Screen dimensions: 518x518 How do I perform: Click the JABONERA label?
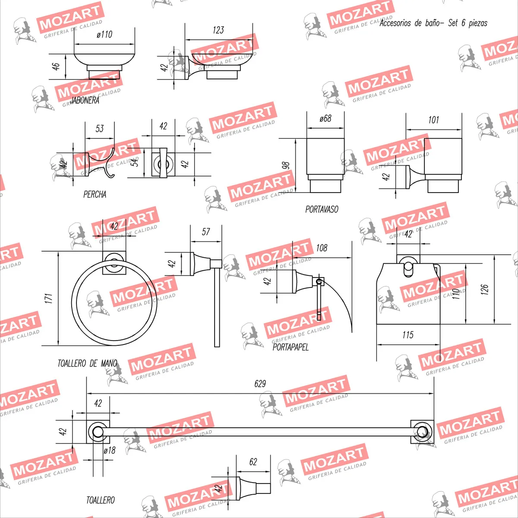pyautogui.click(x=85, y=100)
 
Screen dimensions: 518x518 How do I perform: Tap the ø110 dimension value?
pyautogui.click(x=104, y=35)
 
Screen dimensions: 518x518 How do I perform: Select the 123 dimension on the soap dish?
pyautogui.click(x=218, y=30)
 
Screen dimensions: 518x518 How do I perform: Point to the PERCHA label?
pyautogui.click(x=95, y=194)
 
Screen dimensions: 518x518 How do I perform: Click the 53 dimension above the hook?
pyautogui.click(x=100, y=129)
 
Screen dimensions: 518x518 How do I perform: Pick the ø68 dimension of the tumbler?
pyautogui.click(x=325, y=118)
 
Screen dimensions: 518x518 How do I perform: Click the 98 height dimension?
pyautogui.click(x=285, y=166)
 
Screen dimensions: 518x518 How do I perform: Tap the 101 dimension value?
pyautogui.click(x=433, y=120)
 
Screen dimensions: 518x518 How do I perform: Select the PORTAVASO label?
pyautogui.click(x=322, y=209)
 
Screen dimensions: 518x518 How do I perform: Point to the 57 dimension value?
pyautogui.click(x=206, y=232)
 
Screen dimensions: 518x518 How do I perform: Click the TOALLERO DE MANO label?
pyautogui.click(x=87, y=363)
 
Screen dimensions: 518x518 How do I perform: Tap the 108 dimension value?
pyautogui.click(x=322, y=248)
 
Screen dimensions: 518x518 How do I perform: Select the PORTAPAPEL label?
pyautogui.click(x=291, y=347)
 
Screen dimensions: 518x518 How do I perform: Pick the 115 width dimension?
pyautogui.click(x=408, y=335)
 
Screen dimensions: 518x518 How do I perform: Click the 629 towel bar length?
pyautogui.click(x=260, y=384)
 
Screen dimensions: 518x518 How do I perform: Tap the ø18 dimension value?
pyautogui.click(x=110, y=450)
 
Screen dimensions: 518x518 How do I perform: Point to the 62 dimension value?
pyautogui.click(x=253, y=462)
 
